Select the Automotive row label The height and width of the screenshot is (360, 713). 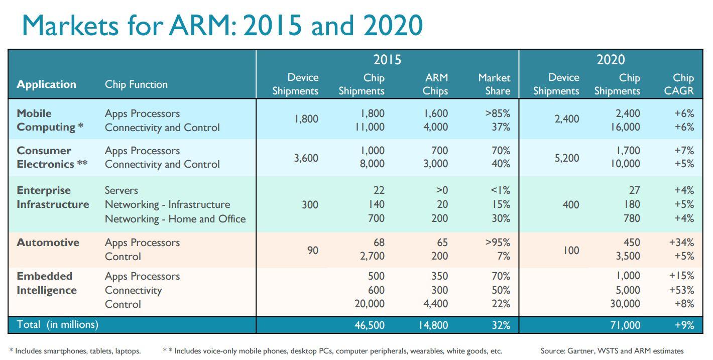(48, 243)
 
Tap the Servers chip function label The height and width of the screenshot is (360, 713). (121, 190)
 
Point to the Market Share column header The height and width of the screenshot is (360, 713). (494, 84)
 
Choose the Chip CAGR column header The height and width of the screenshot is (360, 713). (683, 84)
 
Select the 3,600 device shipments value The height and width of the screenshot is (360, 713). (306, 158)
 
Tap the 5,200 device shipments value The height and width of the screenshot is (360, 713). (566, 158)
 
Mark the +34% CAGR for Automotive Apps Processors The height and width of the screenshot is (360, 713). (681, 243)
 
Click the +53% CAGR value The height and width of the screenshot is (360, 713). (681, 290)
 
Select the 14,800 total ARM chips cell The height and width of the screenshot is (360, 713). (433, 325)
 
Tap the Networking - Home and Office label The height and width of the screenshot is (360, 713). (175, 219)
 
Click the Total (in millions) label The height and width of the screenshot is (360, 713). (58, 324)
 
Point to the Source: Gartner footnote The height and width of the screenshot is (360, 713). (612, 351)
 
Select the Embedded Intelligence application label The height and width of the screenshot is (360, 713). (47, 283)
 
